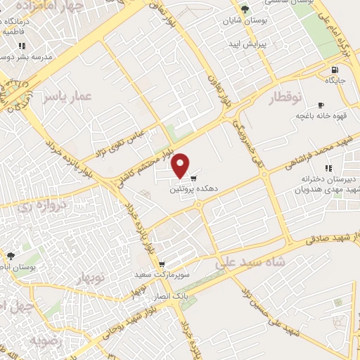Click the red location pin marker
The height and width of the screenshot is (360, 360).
tap(181, 165)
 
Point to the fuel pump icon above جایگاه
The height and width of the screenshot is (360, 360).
tap(333, 70)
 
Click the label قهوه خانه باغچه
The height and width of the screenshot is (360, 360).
tap(314, 115)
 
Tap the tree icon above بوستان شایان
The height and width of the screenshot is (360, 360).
tap(244, 9)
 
